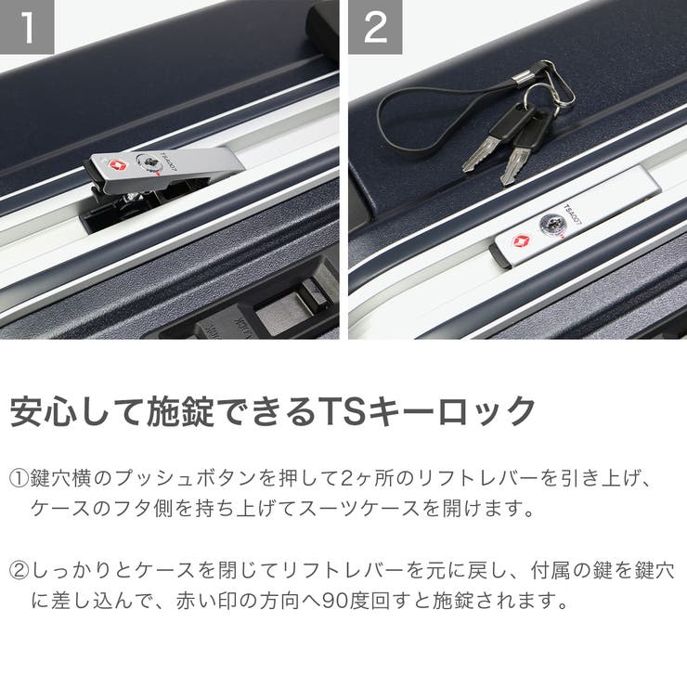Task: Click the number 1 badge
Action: [27, 27]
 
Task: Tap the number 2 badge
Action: [375, 27]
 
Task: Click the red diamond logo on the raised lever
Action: [117, 167]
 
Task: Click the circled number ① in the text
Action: [20, 480]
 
